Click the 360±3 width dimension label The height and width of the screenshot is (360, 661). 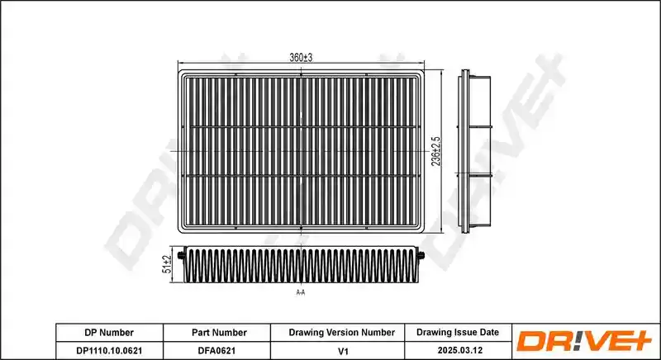(301, 58)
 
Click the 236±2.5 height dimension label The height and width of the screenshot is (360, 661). (436, 151)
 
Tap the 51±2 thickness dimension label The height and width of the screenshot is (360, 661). (167, 264)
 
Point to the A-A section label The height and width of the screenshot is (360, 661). (301, 292)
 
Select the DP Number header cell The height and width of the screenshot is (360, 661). (109, 333)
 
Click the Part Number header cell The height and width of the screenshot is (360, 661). (219, 333)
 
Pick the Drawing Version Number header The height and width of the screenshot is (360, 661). (342, 333)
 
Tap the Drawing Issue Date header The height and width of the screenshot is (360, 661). (458, 332)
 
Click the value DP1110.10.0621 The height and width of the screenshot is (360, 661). (109, 350)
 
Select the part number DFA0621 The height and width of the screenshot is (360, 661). (216, 350)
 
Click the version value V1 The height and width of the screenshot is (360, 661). (344, 351)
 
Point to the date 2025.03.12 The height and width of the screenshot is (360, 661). (460, 350)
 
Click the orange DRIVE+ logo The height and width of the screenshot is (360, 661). (584, 341)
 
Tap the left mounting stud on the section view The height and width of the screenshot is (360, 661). (182, 255)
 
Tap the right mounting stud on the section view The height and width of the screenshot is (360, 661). (421, 255)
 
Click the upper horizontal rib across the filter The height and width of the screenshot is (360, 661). (301, 126)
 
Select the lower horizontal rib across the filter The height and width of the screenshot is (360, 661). (301, 175)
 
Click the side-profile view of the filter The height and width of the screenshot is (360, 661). (474, 151)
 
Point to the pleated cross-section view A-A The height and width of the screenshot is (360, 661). (302, 264)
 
